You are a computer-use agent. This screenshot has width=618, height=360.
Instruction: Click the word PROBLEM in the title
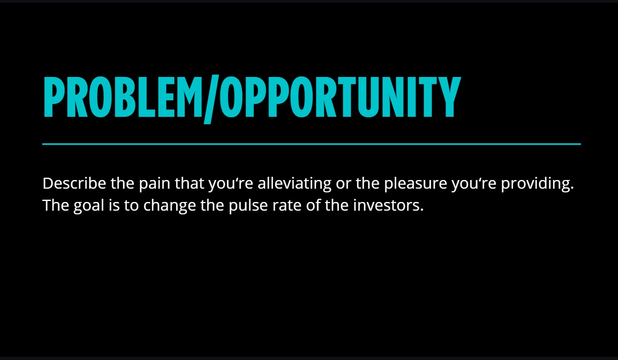[x=123, y=97]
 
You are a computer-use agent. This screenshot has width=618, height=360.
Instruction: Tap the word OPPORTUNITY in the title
[x=340, y=97]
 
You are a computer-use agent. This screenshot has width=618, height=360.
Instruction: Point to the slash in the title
[x=211, y=99]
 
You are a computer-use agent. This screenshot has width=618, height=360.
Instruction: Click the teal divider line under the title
[x=312, y=144]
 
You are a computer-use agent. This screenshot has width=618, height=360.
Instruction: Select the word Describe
[x=75, y=183]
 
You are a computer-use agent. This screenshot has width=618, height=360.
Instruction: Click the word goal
[x=89, y=206]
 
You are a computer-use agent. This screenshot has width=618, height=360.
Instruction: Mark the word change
[x=170, y=206]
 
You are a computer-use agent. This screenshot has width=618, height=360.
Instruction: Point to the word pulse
[x=248, y=206]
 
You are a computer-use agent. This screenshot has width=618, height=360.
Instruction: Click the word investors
[x=388, y=205]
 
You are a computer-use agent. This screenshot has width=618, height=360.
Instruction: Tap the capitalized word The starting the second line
[x=56, y=205]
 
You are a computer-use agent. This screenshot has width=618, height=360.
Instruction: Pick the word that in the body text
[x=190, y=183]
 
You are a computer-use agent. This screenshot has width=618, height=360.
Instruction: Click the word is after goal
[x=114, y=205]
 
